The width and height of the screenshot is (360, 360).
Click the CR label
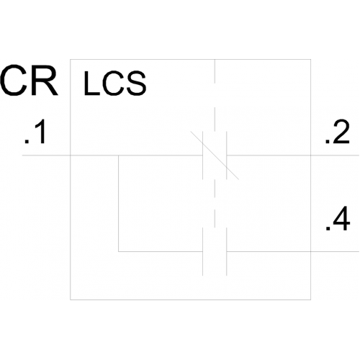pos(29,80)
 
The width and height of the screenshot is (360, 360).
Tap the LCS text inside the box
pos(114,83)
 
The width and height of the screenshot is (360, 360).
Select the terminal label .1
pos(35,132)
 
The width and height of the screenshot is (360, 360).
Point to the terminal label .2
pos(337,132)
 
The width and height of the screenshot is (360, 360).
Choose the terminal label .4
pos(338,218)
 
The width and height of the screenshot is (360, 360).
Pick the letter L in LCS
pos(91,83)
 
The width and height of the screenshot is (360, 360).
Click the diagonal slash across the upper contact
pos(215,156)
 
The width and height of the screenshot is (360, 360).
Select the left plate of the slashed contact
pos(203,156)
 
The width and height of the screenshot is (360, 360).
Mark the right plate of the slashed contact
pos(227,156)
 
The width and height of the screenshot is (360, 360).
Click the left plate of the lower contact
pos(203,251)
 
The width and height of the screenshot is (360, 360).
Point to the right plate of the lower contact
pos(227,251)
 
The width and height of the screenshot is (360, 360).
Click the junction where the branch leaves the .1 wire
pos(119,156)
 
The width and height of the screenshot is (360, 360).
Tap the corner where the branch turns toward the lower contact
pos(119,251)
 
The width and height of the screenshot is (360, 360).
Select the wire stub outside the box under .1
pos(46,156)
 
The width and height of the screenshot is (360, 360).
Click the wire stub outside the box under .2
pos(335,156)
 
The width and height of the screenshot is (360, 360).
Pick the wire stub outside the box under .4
pos(335,251)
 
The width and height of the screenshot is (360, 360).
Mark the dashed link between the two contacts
pos(215,204)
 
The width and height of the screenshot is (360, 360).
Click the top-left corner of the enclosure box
pos(71,59)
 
